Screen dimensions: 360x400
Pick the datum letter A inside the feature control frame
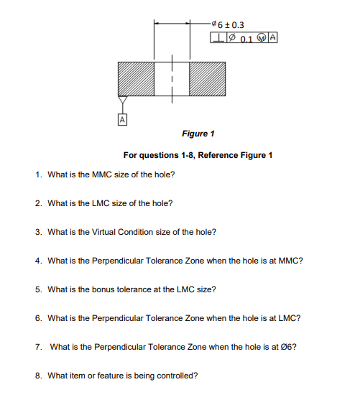pyautogui.click(x=274, y=39)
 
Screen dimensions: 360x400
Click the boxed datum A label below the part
pyautogui.click(x=123, y=118)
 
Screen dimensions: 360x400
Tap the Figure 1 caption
pyautogui.click(x=198, y=134)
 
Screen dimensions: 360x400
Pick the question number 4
pyautogui.click(x=38, y=261)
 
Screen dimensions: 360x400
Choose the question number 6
pyautogui.click(x=38, y=317)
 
